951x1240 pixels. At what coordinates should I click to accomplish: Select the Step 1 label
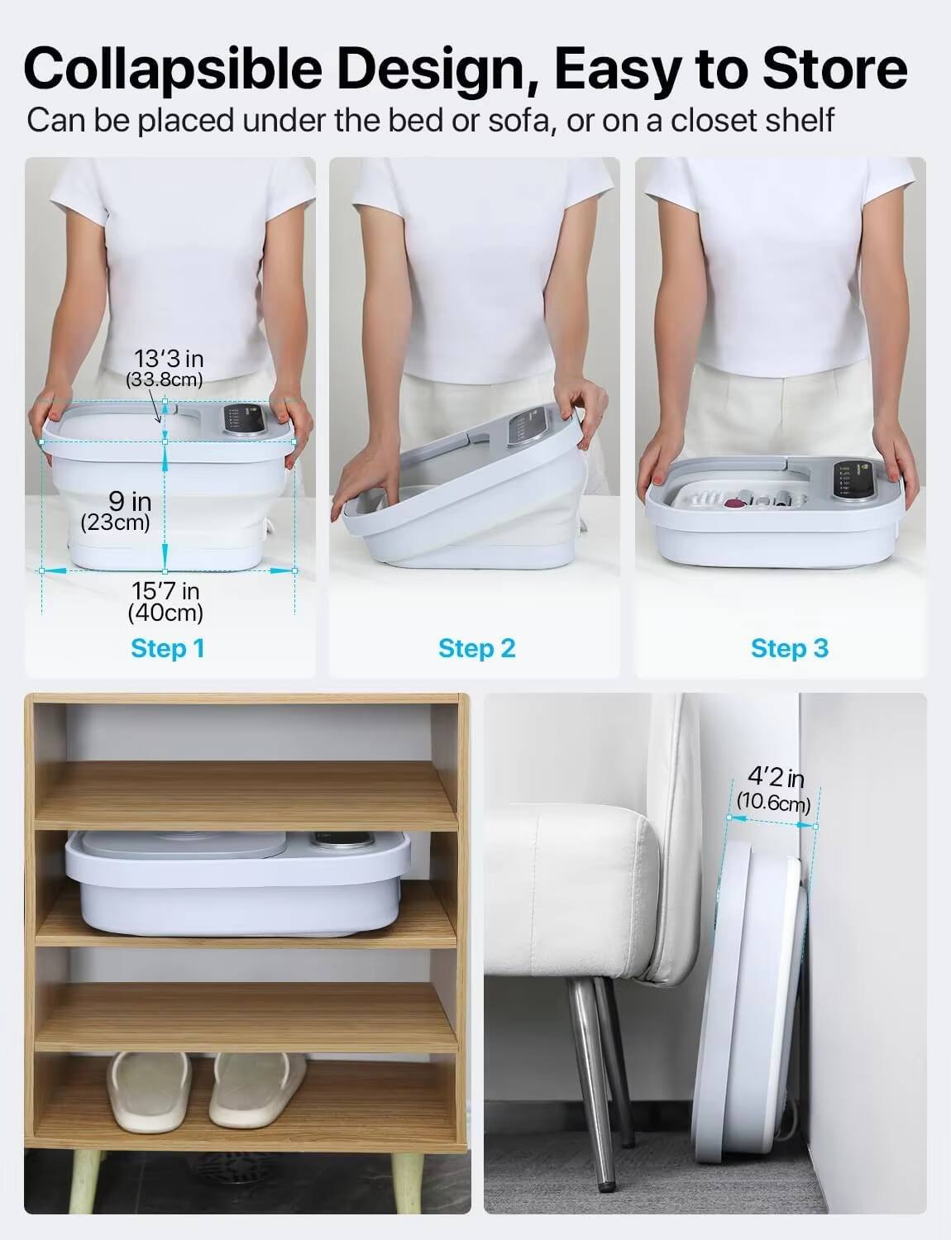coord(168,648)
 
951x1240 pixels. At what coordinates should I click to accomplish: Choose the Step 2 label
coord(476,648)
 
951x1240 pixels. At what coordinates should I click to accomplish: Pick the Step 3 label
coord(789,648)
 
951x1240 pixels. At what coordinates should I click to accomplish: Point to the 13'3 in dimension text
coord(169,360)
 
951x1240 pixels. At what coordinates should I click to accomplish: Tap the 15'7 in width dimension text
coord(165,592)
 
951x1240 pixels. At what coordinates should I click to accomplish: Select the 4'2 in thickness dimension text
coord(775,777)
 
